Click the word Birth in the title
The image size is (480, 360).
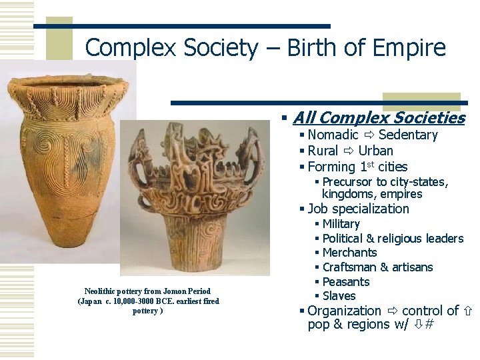[304, 48]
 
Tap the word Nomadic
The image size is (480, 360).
[333, 135]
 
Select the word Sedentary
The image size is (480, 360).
[408, 135]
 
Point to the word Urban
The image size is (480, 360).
[376, 151]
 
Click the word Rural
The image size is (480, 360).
[323, 151]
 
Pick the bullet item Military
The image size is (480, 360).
[341, 224]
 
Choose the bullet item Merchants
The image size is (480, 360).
[349, 253]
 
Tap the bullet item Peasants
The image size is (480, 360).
[345, 281]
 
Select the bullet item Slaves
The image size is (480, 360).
[339, 296]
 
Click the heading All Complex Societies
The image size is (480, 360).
[378, 118]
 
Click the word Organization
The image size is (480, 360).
[344, 311]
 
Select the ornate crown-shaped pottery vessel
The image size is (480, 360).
[195, 193]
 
